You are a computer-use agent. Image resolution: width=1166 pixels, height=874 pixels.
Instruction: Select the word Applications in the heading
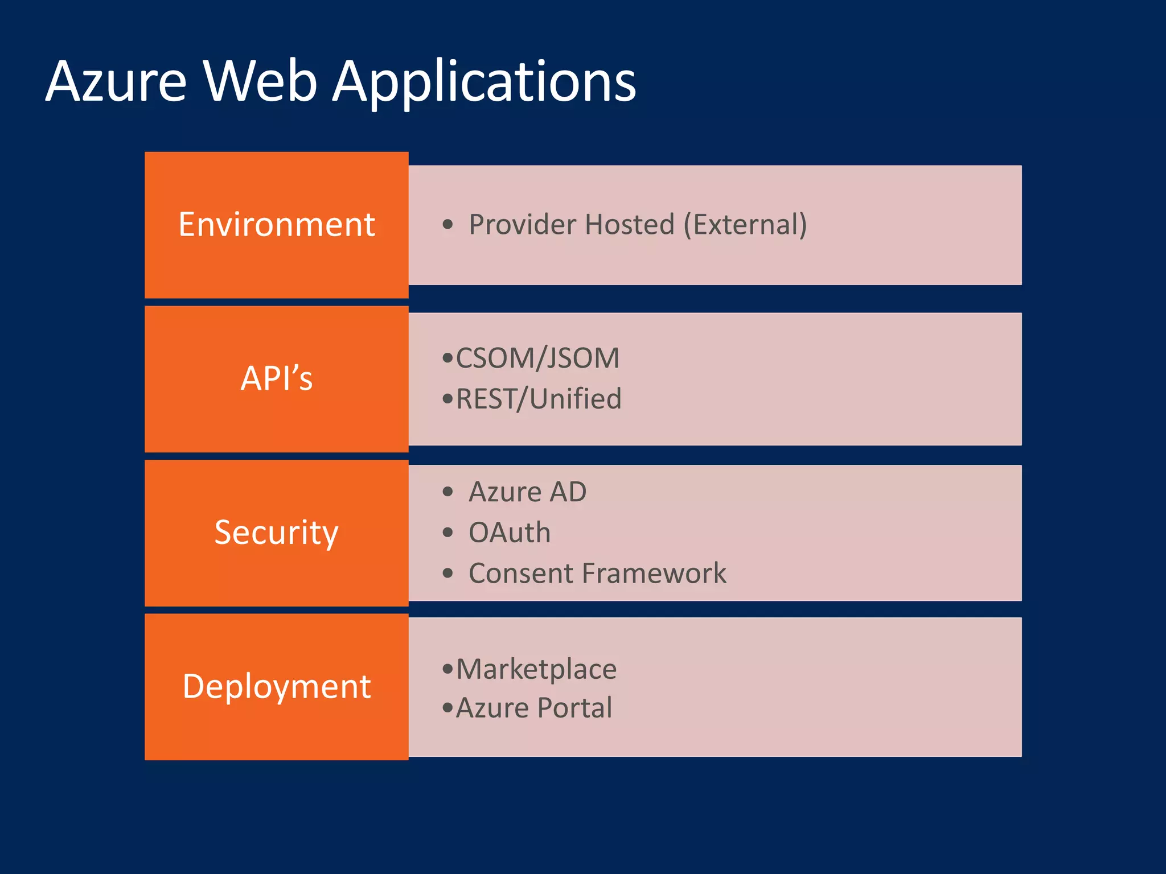click(x=484, y=83)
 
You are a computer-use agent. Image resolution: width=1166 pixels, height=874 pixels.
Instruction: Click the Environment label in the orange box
click(x=276, y=224)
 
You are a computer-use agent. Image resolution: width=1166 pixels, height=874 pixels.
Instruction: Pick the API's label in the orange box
click(x=276, y=378)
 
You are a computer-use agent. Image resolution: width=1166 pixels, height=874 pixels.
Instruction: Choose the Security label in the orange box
click(x=276, y=533)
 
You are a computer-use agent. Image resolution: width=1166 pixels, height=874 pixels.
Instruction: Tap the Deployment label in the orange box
click(x=276, y=686)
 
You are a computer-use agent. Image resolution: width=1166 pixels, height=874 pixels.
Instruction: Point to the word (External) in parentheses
click(x=745, y=224)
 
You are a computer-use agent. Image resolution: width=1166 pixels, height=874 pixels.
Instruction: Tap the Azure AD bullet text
click(x=527, y=492)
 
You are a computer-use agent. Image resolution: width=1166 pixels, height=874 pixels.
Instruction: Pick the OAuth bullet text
click(x=510, y=533)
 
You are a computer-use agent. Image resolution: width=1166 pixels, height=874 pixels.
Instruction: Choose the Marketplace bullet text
click(x=536, y=669)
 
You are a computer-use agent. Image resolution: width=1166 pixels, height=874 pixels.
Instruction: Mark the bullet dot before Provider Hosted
click(x=447, y=224)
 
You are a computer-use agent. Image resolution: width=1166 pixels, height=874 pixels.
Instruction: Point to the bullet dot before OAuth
click(x=447, y=533)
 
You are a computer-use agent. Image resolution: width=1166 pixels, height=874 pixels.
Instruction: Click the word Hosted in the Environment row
click(x=629, y=224)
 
